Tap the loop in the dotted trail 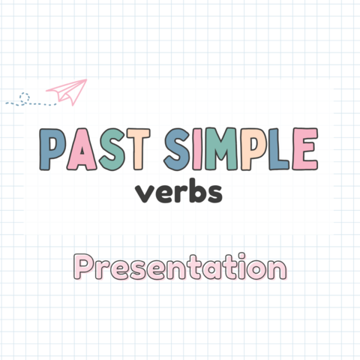25,97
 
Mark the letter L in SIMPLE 278,151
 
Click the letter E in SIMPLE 304,151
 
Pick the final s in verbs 214,194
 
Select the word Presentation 180,268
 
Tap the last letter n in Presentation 277,269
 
